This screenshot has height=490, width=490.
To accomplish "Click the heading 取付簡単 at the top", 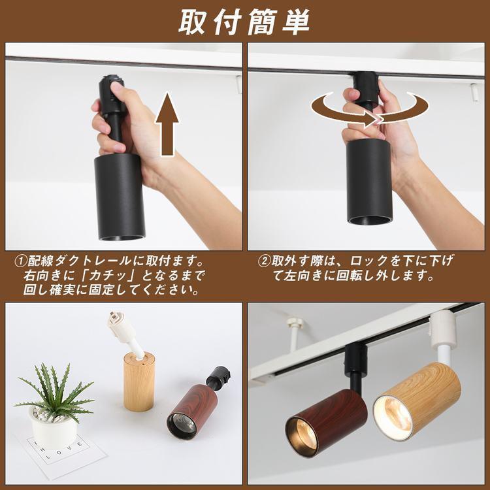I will (244, 21).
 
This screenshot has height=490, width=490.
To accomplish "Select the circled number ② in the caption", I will (265, 260).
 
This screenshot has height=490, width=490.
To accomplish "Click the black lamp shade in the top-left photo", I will (119, 196).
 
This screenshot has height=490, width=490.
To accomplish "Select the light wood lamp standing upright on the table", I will (139, 382).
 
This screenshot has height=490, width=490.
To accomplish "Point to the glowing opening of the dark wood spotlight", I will (302, 436).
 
